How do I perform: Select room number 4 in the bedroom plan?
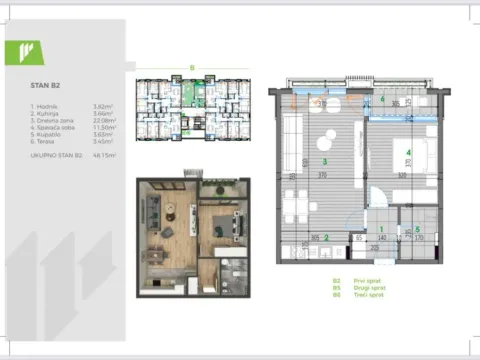point(410,152)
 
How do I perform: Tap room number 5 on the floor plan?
point(418,229)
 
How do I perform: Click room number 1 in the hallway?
point(382,229)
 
